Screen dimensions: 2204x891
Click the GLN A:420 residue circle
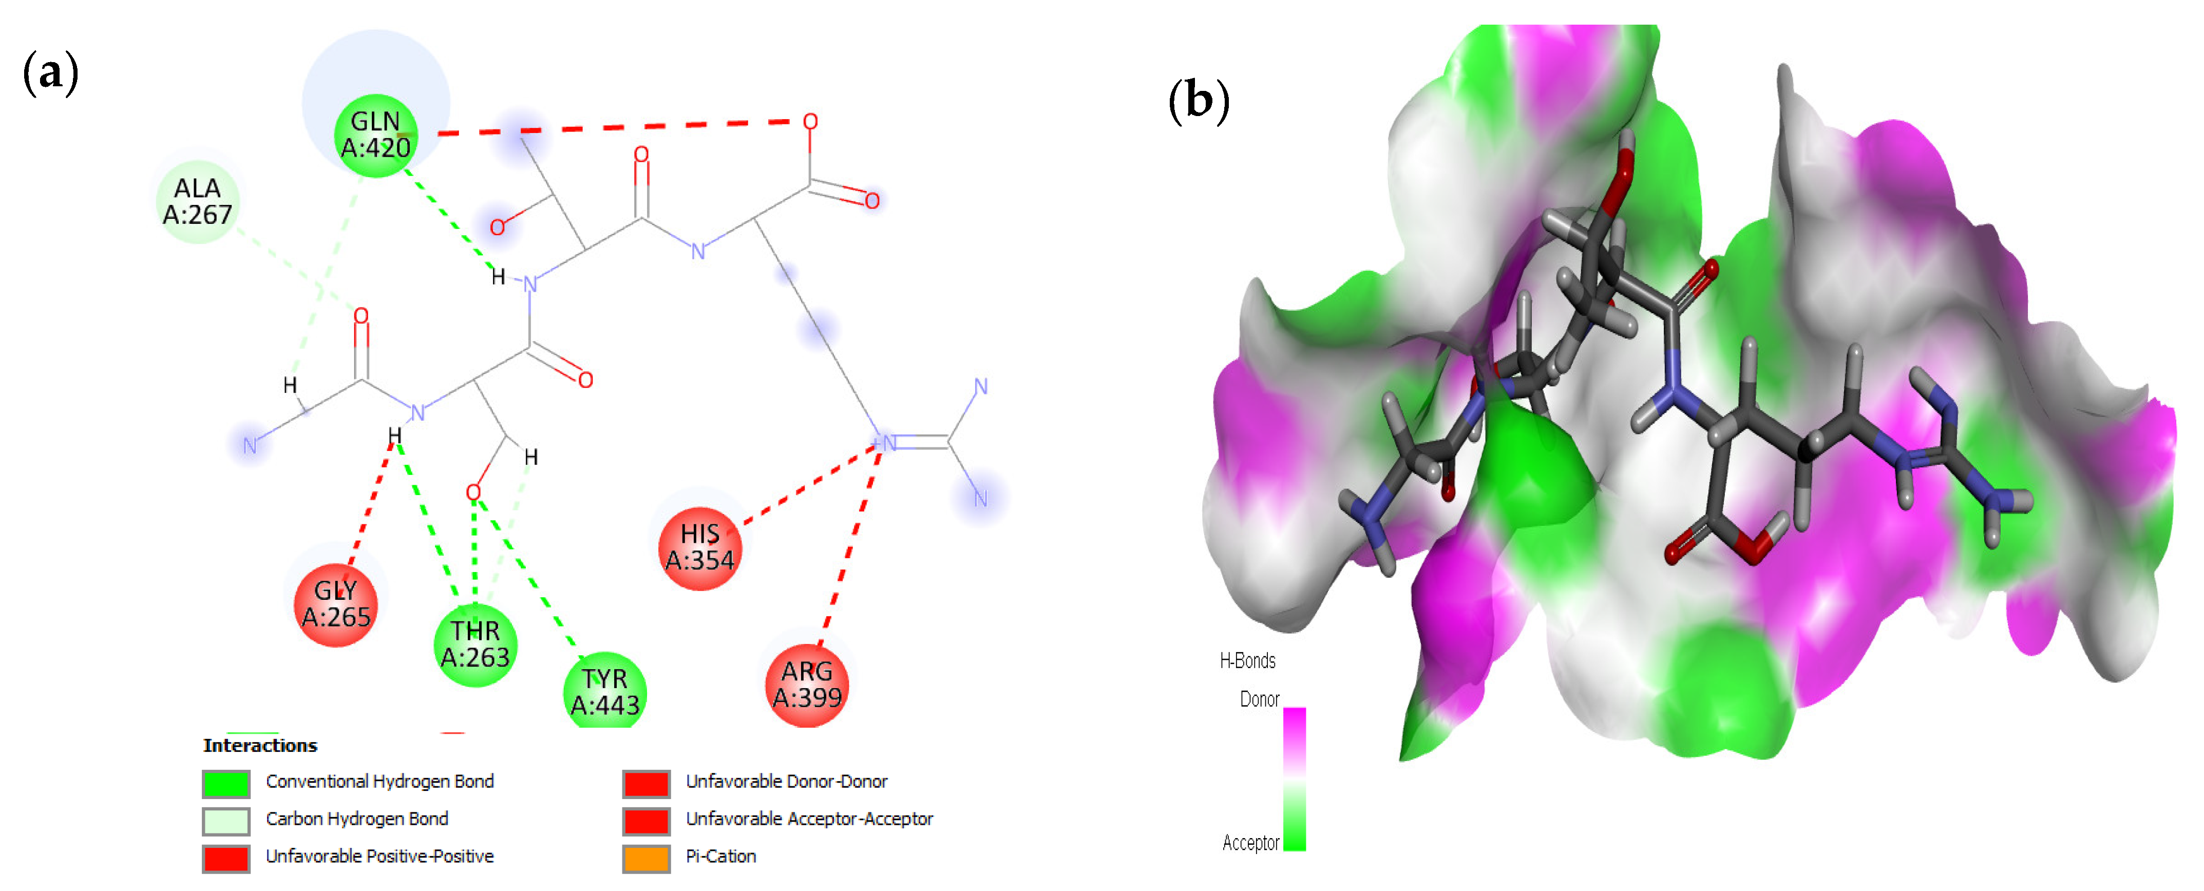pyautogui.click(x=375, y=135)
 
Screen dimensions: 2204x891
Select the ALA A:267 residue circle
pyautogui.click(x=198, y=202)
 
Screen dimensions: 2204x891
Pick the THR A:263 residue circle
pyautogui.click(x=475, y=644)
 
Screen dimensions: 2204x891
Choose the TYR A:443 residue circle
pyautogui.click(x=605, y=692)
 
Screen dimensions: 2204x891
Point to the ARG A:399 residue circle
pyautogui.click(x=807, y=685)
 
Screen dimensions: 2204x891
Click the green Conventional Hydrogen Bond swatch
pyautogui.click(x=226, y=782)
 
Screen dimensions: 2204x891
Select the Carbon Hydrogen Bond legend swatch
pyautogui.click(x=226, y=820)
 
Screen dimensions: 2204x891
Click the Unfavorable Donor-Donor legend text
pyautogui.click(x=786, y=782)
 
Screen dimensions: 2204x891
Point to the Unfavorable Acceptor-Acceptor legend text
pyautogui.click(x=809, y=819)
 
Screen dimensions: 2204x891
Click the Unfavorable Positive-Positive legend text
pyautogui.click(x=379, y=857)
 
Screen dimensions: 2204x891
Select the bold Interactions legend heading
pyautogui.click(x=260, y=746)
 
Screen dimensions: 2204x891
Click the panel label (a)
pyautogui.click(x=50, y=73)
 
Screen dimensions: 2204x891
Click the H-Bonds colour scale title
pyautogui.click(x=1247, y=661)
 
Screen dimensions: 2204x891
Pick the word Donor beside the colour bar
pyautogui.click(x=1260, y=699)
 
